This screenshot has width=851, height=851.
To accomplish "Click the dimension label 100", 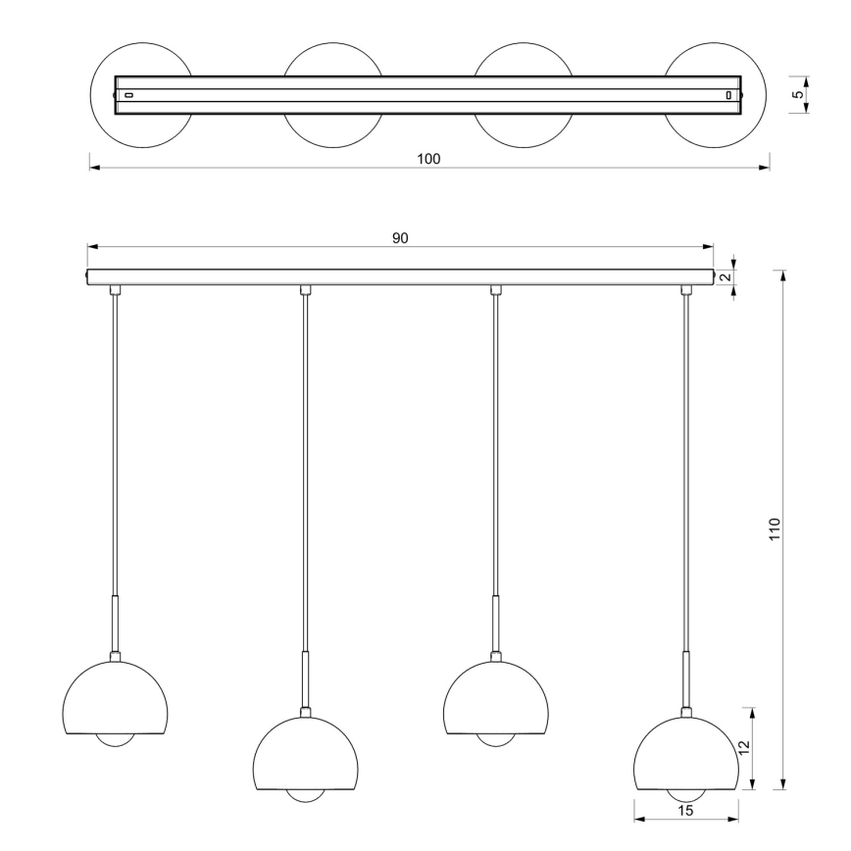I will (x=428, y=159).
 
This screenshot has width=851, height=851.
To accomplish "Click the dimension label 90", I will (x=400, y=238).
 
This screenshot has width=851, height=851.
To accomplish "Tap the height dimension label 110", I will (x=774, y=529).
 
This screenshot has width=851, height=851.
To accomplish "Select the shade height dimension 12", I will (x=744, y=747).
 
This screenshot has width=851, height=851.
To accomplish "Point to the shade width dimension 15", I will (x=685, y=811).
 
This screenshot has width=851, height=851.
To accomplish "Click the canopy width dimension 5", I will (x=798, y=95).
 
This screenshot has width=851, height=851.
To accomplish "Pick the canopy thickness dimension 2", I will (x=725, y=277).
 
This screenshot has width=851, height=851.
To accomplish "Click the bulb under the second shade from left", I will (x=305, y=795).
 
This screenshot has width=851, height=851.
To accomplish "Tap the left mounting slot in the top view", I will (x=128, y=95).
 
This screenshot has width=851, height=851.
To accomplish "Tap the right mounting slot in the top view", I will (x=728, y=95).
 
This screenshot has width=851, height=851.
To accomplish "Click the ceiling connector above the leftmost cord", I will (x=115, y=290).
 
